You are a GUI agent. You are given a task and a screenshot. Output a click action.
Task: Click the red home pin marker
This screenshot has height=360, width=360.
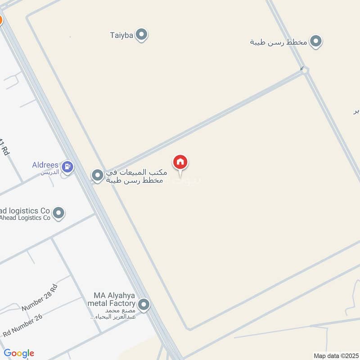pos(180,162)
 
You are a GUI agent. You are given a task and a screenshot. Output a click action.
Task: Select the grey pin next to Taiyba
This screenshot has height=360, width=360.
pos(142,35)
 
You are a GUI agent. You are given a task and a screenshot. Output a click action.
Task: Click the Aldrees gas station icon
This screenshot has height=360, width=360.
pos(67,167)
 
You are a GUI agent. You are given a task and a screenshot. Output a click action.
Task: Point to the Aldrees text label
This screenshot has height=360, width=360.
pos(45,165)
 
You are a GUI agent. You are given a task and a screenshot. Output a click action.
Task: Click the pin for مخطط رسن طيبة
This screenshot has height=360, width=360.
pos(316,42)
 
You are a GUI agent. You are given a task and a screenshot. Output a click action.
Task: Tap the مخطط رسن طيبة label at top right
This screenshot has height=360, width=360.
pos(279,42)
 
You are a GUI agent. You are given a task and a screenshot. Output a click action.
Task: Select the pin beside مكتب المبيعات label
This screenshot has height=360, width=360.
pos(98,175)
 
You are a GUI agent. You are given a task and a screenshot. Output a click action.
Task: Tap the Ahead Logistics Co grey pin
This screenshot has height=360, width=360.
pos(58,213)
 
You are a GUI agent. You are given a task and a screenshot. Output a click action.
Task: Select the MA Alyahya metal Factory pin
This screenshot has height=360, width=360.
pos(144,305)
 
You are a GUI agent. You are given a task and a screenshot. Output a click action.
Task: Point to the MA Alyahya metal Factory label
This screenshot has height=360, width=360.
pos(114,300)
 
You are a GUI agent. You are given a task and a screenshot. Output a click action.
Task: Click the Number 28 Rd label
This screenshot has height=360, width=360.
pos(40,298)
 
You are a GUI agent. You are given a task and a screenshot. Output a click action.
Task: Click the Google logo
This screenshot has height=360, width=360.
pos(19,353)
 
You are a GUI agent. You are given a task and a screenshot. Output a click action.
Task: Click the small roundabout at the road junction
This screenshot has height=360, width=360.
pos(305,70)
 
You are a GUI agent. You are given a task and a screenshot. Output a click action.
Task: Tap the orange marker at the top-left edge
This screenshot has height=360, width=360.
pos(1,20)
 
